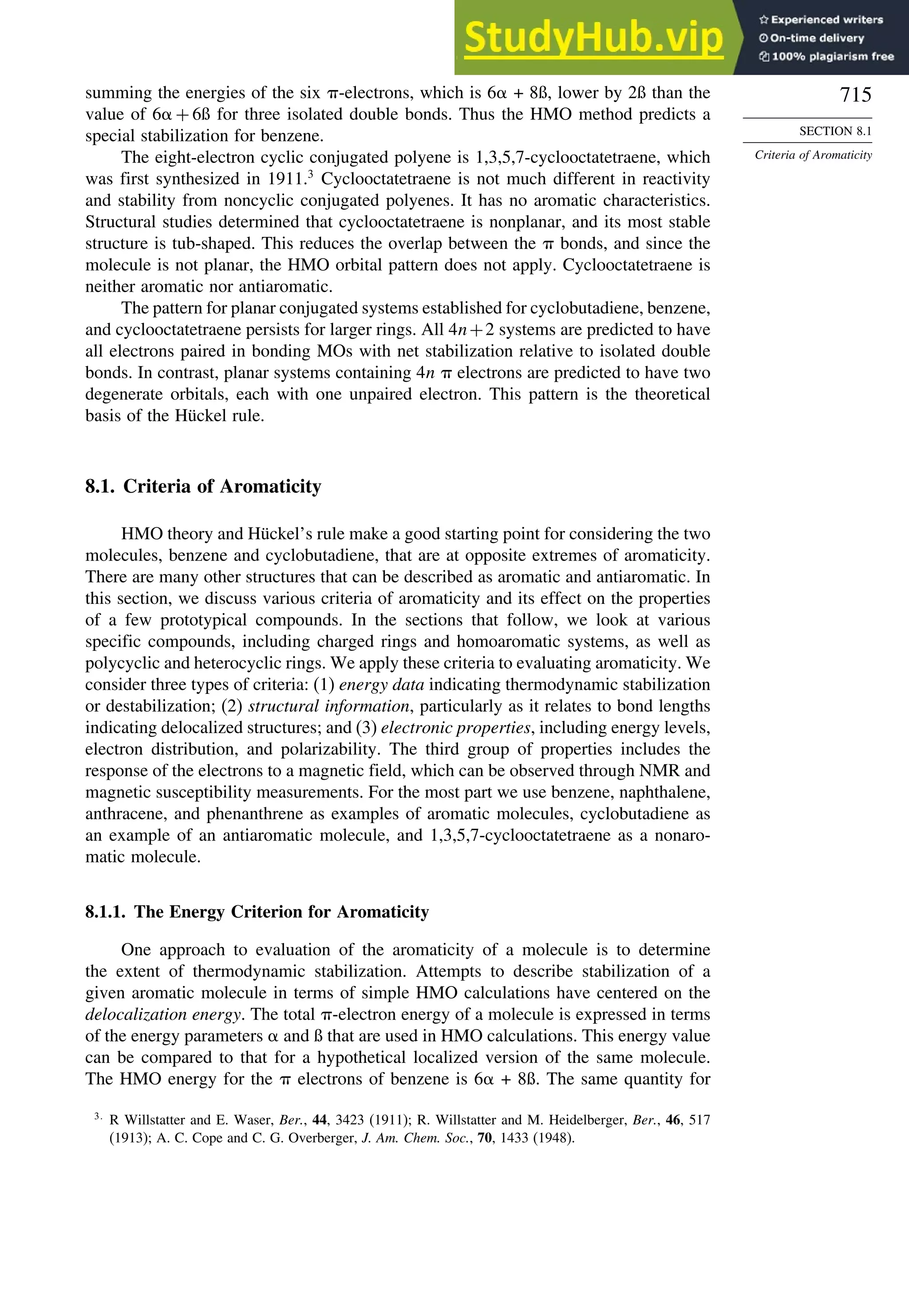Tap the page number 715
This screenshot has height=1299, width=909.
coord(855,95)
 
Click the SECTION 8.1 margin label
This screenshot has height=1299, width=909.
coord(835,131)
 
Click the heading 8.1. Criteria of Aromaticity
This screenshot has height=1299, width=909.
coord(203,486)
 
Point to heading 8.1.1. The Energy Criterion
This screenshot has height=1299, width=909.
coord(257,911)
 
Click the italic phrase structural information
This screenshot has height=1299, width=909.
coord(328,706)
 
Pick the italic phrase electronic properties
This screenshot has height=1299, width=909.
coord(456,728)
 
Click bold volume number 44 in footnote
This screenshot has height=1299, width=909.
coord(319,1120)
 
